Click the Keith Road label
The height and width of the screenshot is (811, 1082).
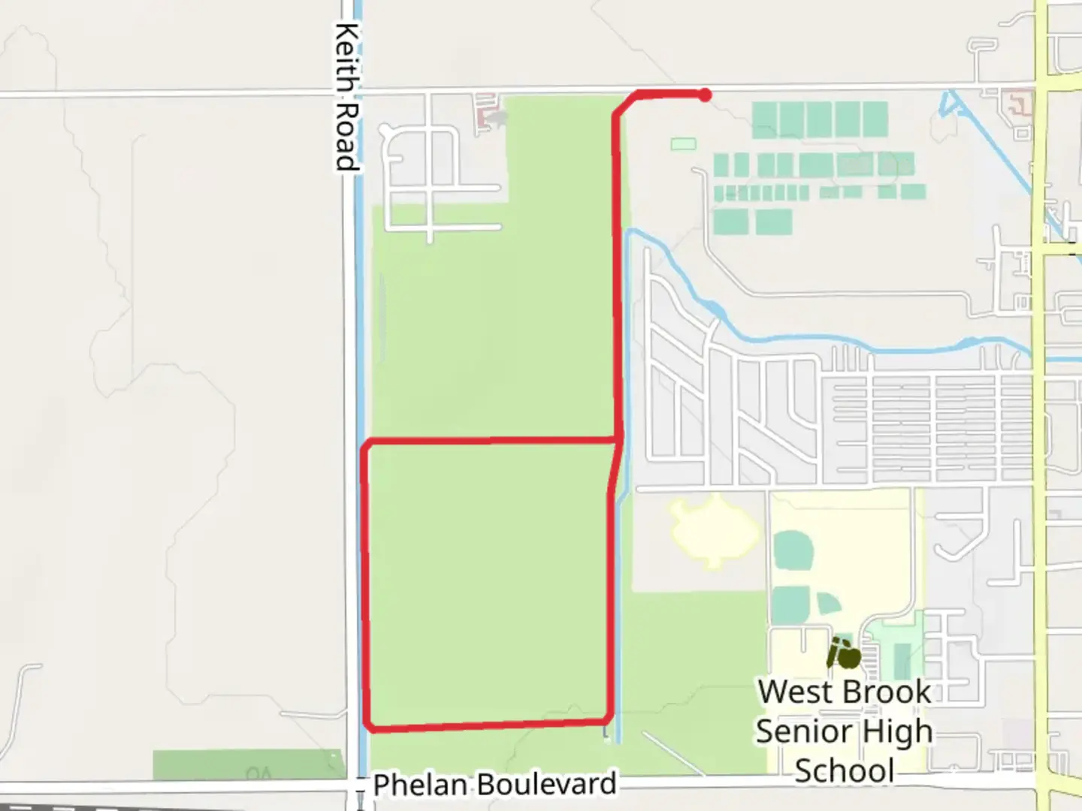pyautogui.click(x=346, y=96)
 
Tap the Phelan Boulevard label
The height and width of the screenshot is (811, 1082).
pyautogui.click(x=494, y=785)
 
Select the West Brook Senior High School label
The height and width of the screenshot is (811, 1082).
pyautogui.click(x=844, y=731)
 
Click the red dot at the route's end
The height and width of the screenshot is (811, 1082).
pyautogui.click(x=705, y=95)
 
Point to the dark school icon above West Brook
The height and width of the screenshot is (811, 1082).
pyautogui.click(x=844, y=655)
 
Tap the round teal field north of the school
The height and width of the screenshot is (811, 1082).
pyautogui.click(x=793, y=550)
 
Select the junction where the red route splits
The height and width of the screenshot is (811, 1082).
pyautogui.click(x=618, y=438)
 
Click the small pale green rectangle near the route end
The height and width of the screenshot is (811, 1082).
pyautogui.click(x=683, y=143)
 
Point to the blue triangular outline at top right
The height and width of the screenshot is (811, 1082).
pyautogui.click(x=951, y=105)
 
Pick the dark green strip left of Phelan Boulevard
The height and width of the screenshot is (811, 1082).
pyautogui.click(x=248, y=766)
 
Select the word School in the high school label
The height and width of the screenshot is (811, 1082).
pyautogui.click(x=844, y=771)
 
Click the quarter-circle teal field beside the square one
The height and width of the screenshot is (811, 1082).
pyautogui.click(x=829, y=604)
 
